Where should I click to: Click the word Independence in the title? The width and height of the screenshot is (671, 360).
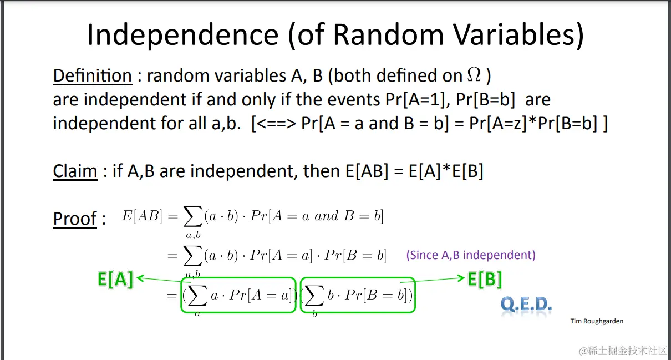[x=183, y=35]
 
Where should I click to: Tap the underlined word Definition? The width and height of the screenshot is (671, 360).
[x=92, y=75]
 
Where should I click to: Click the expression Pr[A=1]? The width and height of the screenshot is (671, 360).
[x=418, y=99]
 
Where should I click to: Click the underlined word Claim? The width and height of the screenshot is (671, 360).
[x=75, y=171]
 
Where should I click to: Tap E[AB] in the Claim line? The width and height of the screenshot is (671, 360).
[x=367, y=171]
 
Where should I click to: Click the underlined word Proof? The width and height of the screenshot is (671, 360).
[x=75, y=219]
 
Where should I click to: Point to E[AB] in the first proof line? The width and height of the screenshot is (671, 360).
[x=142, y=216]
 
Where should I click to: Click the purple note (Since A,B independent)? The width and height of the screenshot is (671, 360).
[x=471, y=255]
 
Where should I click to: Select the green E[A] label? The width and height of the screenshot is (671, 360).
[x=115, y=280]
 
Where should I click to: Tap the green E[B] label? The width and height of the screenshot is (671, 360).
[x=485, y=280]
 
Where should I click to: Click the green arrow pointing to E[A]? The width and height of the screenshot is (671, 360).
[x=164, y=280]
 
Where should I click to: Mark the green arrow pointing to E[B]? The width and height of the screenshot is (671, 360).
[x=432, y=280]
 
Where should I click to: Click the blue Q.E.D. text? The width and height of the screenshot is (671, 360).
[x=526, y=305]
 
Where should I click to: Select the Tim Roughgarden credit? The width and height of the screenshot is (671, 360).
[x=597, y=321]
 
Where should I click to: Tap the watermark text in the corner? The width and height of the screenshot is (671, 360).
[x=624, y=351]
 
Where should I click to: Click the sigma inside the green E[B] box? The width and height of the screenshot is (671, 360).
[x=314, y=295]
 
